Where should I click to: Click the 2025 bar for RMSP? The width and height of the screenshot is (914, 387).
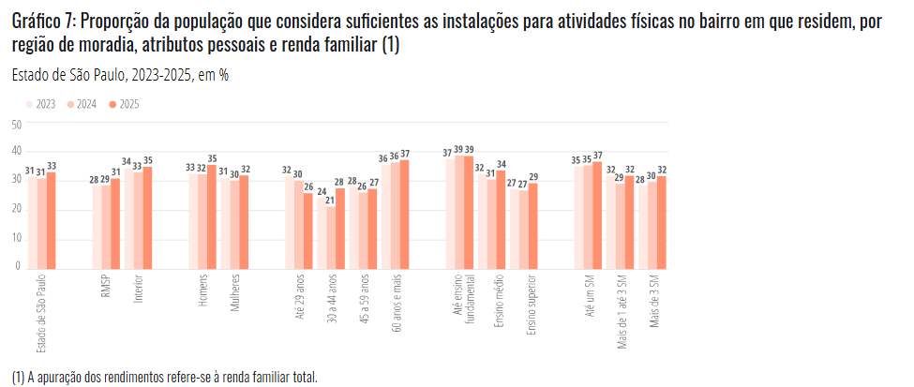115,222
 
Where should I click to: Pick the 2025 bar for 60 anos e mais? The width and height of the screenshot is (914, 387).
404,213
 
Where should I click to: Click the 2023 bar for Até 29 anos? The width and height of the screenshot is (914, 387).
287,220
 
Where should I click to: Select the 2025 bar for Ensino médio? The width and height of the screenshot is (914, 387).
501,217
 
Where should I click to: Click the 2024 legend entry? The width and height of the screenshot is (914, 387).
82,105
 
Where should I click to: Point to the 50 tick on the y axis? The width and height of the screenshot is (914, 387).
16,124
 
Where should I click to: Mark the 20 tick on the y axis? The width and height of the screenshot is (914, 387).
16,209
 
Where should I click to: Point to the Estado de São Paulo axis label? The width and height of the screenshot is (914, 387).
41,314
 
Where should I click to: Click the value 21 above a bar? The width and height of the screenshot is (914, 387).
329,201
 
